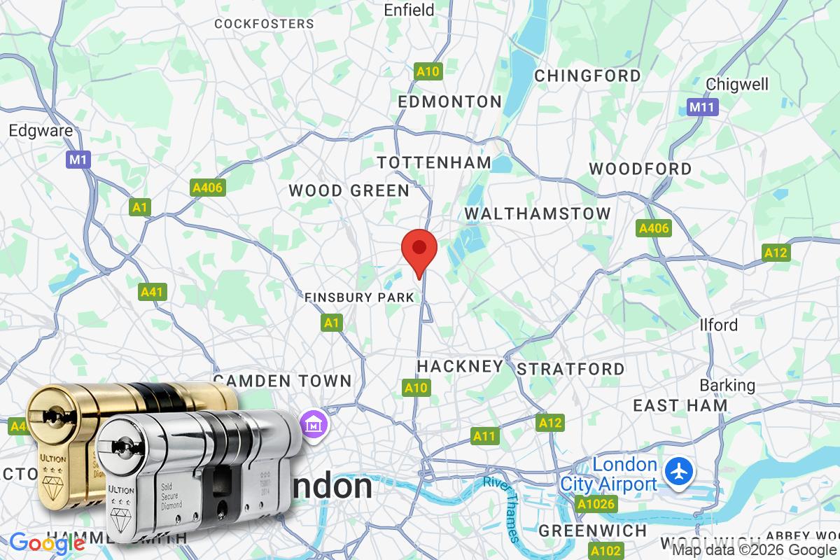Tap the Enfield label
[409, 10]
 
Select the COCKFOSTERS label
[264, 24]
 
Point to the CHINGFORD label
[587, 76]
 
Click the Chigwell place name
[737, 84]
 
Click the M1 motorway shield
[78, 160]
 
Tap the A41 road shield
[153, 292]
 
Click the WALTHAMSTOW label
[537, 213]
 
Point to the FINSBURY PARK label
[359, 297]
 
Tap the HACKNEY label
[460, 366]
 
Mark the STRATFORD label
[570, 369]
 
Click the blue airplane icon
[678, 471]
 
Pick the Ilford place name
[719, 325]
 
